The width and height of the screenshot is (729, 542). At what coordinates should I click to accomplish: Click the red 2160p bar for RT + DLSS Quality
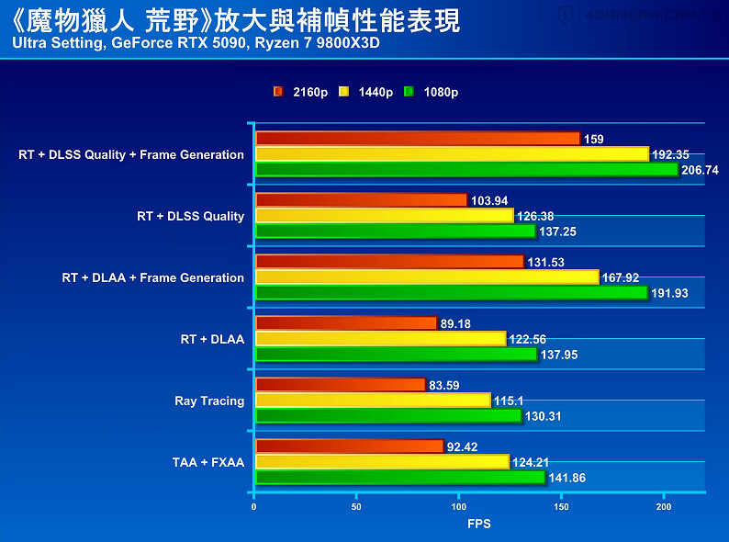pos(361,200)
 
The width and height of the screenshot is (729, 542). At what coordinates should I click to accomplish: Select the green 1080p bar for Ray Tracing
pos(387,416)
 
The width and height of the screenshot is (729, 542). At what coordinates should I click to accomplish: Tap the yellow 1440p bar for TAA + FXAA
pos(381,462)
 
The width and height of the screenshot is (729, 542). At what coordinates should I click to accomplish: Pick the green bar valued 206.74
pos(466,170)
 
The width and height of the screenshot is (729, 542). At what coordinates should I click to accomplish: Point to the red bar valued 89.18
pos(346,323)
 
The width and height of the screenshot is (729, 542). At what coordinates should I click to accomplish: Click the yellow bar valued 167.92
pos(427,277)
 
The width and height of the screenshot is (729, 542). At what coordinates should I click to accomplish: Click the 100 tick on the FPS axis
pos(459,506)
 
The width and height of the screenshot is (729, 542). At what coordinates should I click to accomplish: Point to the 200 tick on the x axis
pos(664,506)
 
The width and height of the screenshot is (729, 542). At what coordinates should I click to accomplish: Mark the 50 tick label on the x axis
pos(356,506)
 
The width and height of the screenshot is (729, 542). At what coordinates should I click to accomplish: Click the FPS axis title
pos(478,524)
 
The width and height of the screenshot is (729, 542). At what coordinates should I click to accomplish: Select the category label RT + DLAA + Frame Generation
pos(153,277)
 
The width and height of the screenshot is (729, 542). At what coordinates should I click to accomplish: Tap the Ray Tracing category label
pos(209,401)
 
